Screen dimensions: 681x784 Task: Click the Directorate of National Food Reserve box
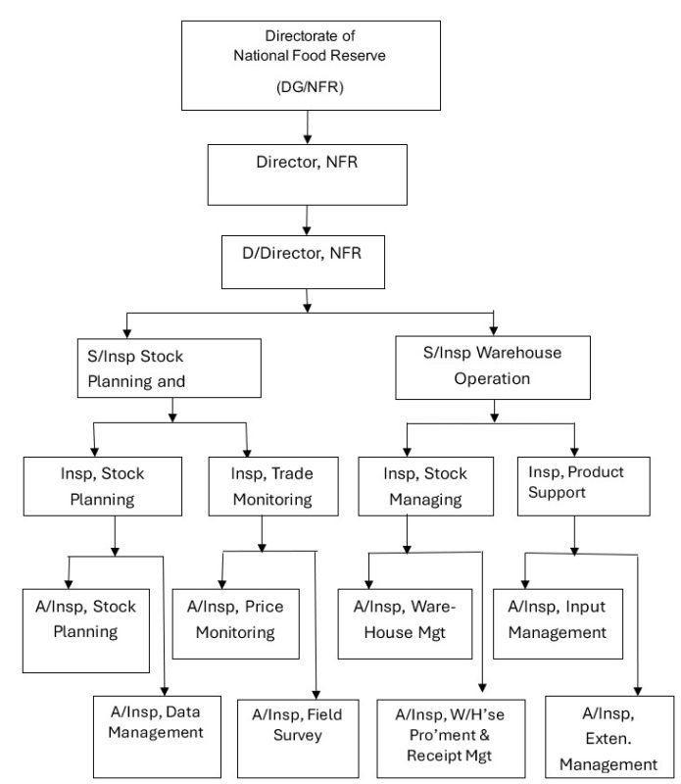[311, 66]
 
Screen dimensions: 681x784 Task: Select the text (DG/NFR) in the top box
[310, 87]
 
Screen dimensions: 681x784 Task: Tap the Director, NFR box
[307, 174]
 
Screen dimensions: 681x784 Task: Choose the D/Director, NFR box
[303, 262]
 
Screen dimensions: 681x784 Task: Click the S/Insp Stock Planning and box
[169, 368]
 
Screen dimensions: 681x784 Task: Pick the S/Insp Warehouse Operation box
[493, 367]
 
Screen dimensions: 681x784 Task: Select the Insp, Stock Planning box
[103, 486]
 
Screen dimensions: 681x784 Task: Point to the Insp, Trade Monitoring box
[273, 486]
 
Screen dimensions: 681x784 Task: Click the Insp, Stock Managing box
[425, 486]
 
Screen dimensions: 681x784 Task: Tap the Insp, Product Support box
[583, 486]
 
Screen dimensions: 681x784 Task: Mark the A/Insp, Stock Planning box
[86, 630]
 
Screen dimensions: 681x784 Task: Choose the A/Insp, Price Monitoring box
[235, 623]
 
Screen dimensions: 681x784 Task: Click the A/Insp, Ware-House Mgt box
[405, 623]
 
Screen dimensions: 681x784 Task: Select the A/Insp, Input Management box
[558, 623]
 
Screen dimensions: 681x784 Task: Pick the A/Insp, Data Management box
[157, 737]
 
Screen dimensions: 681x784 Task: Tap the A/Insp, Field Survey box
[298, 739]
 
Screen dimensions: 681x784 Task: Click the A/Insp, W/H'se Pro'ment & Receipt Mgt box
[451, 739]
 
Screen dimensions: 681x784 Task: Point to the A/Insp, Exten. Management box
[609, 737]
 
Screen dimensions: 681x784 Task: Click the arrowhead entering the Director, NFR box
[308, 139]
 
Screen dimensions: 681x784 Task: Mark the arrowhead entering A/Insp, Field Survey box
[316, 695]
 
